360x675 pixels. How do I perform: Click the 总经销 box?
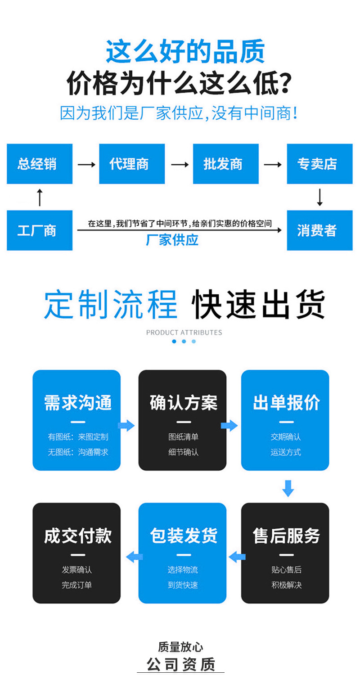40,164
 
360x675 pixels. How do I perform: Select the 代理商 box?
132,164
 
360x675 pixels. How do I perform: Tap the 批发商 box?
225,164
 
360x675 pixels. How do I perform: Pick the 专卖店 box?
319,164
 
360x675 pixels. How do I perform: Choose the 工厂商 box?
40,230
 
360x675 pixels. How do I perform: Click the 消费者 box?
319,230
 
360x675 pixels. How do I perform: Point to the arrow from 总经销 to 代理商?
86,165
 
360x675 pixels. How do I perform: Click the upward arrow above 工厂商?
40,197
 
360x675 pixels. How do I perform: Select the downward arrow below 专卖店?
319,197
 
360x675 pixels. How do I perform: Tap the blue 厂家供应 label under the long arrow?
172,240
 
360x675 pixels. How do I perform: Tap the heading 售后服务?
286,536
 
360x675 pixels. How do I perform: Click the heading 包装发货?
183,536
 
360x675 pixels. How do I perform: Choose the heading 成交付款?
77,536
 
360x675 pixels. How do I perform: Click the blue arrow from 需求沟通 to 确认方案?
126,425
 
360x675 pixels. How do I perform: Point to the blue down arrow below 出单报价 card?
288,488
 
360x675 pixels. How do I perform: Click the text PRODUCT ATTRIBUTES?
184,333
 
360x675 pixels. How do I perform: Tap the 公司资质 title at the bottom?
181,664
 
